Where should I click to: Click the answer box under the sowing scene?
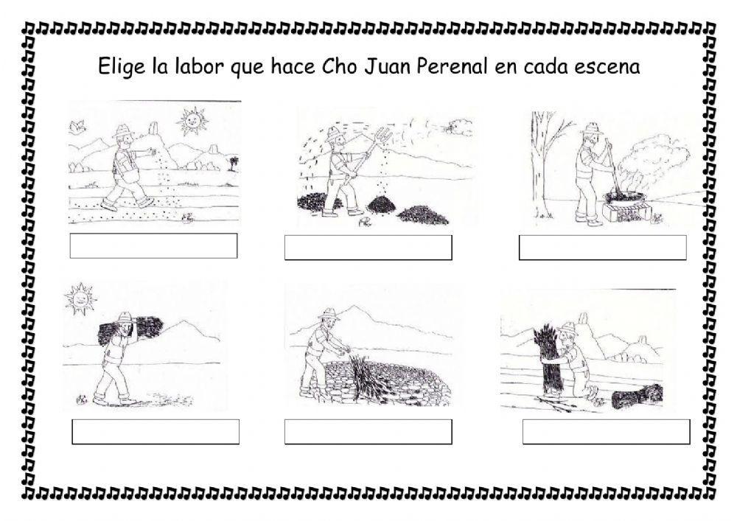154,245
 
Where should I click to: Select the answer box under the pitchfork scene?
368,248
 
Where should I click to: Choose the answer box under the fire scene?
603,248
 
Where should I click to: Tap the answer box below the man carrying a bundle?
156,432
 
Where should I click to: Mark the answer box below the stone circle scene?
368,432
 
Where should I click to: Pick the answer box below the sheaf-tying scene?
607,432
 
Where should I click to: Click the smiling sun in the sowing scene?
192,121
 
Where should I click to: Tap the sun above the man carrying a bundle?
80,298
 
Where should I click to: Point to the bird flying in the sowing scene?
77,125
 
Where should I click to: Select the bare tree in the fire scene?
547,164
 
